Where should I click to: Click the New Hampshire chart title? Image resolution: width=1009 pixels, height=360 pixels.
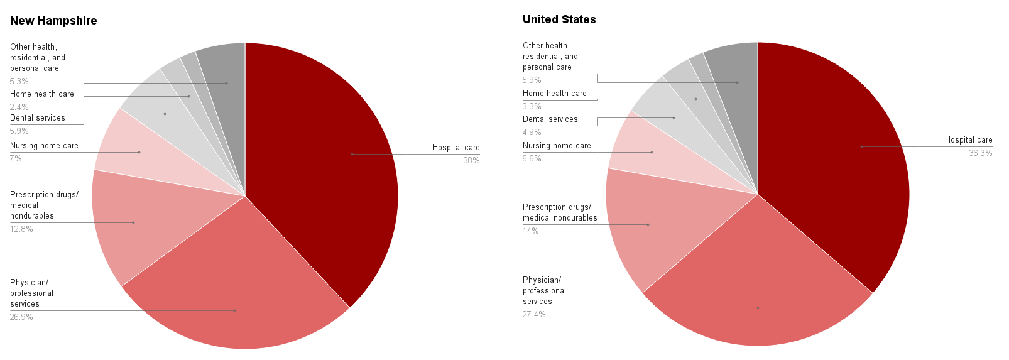tap(53, 21)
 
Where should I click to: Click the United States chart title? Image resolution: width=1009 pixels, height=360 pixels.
tap(559, 19)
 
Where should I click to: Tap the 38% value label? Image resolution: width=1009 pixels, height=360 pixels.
tap(471, 161)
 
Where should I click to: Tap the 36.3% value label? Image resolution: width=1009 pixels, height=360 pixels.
tap(980, 153)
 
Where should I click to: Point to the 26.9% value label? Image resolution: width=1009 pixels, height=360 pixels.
tap(21, 317)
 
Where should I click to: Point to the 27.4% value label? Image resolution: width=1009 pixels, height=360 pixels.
tap(534, 315)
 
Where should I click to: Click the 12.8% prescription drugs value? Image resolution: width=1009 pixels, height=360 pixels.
tap(21, 229)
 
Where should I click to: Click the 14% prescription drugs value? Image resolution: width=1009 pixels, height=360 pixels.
tap(530, 231)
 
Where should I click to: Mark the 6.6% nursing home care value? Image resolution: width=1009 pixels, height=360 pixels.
tap(532, 159)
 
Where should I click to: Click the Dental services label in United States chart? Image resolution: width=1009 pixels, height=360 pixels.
tap(550, 119)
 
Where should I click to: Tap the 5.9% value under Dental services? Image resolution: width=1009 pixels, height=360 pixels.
tap(19, 131)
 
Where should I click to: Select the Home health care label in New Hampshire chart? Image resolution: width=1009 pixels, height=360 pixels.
tap(42, 94)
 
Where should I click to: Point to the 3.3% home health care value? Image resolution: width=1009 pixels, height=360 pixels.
tap(532, 107)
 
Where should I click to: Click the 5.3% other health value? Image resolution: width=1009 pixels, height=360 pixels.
tap(19, 82)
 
